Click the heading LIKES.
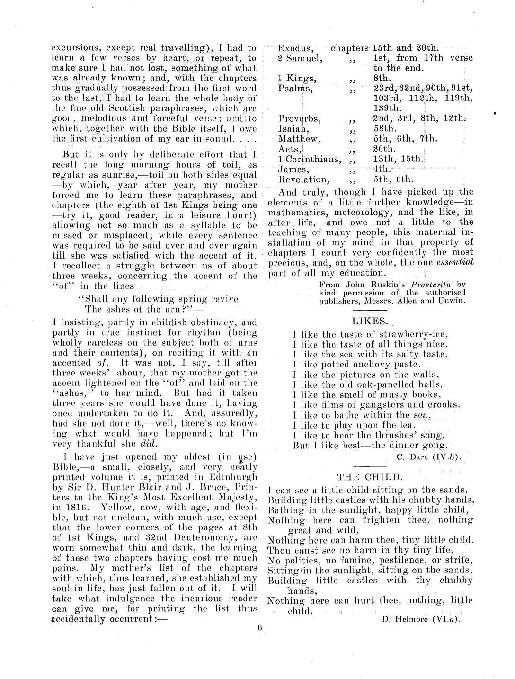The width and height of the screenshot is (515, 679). click(x=370, y=322)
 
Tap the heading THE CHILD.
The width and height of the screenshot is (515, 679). click(x=370, y=476)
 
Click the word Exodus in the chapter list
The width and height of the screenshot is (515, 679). click(x=295, y=48)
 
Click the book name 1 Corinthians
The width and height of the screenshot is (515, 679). click(x=309, y=159)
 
